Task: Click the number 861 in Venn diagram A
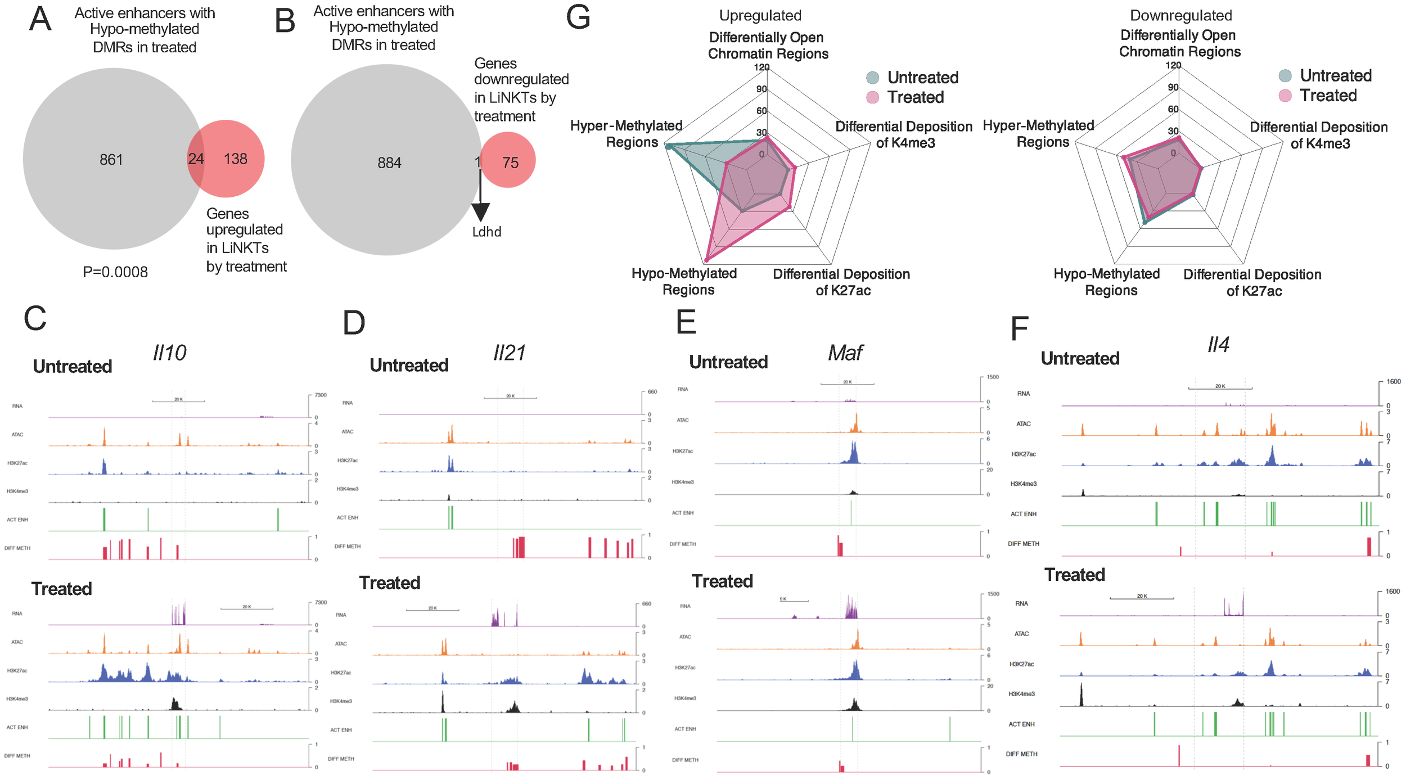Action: pyautogui.click(x=111, y=160)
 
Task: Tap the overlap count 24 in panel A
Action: pyautogui.click(x=196, y=159)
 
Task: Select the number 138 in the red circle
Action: pyautogui.click(x=236, y=159)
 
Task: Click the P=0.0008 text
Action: pyautogui.click(x=115, y=272)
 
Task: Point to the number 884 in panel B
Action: pyautogui.click(x=389, y=163)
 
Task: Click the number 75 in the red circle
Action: pyautogui.click(x=510, y=163)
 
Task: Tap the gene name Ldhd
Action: pyautogui.click(x=486, y=232)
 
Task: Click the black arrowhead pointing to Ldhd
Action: pyautogui.click(x=480, y=213)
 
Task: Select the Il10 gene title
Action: pyautogui.click(x=169, y=353)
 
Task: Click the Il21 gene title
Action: pyautogui.click(x=509, y=353)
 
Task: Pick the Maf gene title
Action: pyautogui.click(x=845, y=353)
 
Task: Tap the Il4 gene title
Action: pyautogui.click(x=1218, y=345)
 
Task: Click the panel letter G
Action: pyautogui.click(x=578, y=18)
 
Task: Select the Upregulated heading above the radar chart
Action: pyautogui.click(x=760, y=16)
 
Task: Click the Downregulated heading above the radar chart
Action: pyautogui.click(x=1180, y=16)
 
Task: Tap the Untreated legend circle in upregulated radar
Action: pyautogui.click(x=872, y=78)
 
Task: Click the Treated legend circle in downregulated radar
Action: pyautogui.click(x=1285, y=96)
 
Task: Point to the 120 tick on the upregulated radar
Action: pyautogui.click(x=762, y=67)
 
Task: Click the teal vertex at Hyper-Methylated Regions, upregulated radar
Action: pyautogui.click(x=668, y=146)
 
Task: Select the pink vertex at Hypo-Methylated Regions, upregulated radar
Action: pyautogui.click(x=706, y=260)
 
